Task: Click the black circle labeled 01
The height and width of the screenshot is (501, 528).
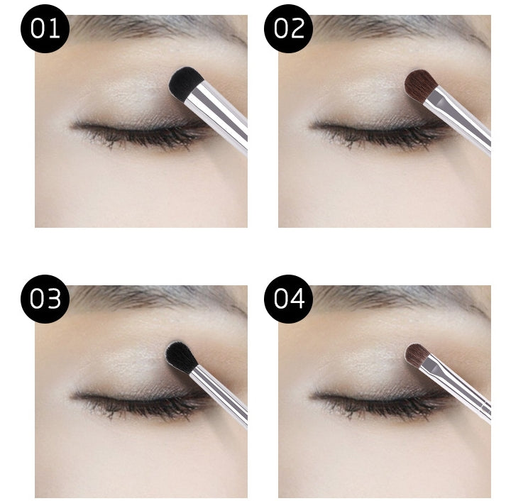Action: (x=45, y=28)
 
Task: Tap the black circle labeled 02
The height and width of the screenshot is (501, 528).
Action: (x=289, y=28)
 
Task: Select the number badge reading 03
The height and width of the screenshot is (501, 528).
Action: (x=45, y=299)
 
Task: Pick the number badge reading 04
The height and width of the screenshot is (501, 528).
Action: (x=289, y=299)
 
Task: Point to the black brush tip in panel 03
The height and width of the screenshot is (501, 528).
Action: (x=180, y=356)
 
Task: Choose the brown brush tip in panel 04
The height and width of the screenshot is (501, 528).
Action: (x=417, y=355)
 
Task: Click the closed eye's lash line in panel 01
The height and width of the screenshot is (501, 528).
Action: (x=135, y=130)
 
